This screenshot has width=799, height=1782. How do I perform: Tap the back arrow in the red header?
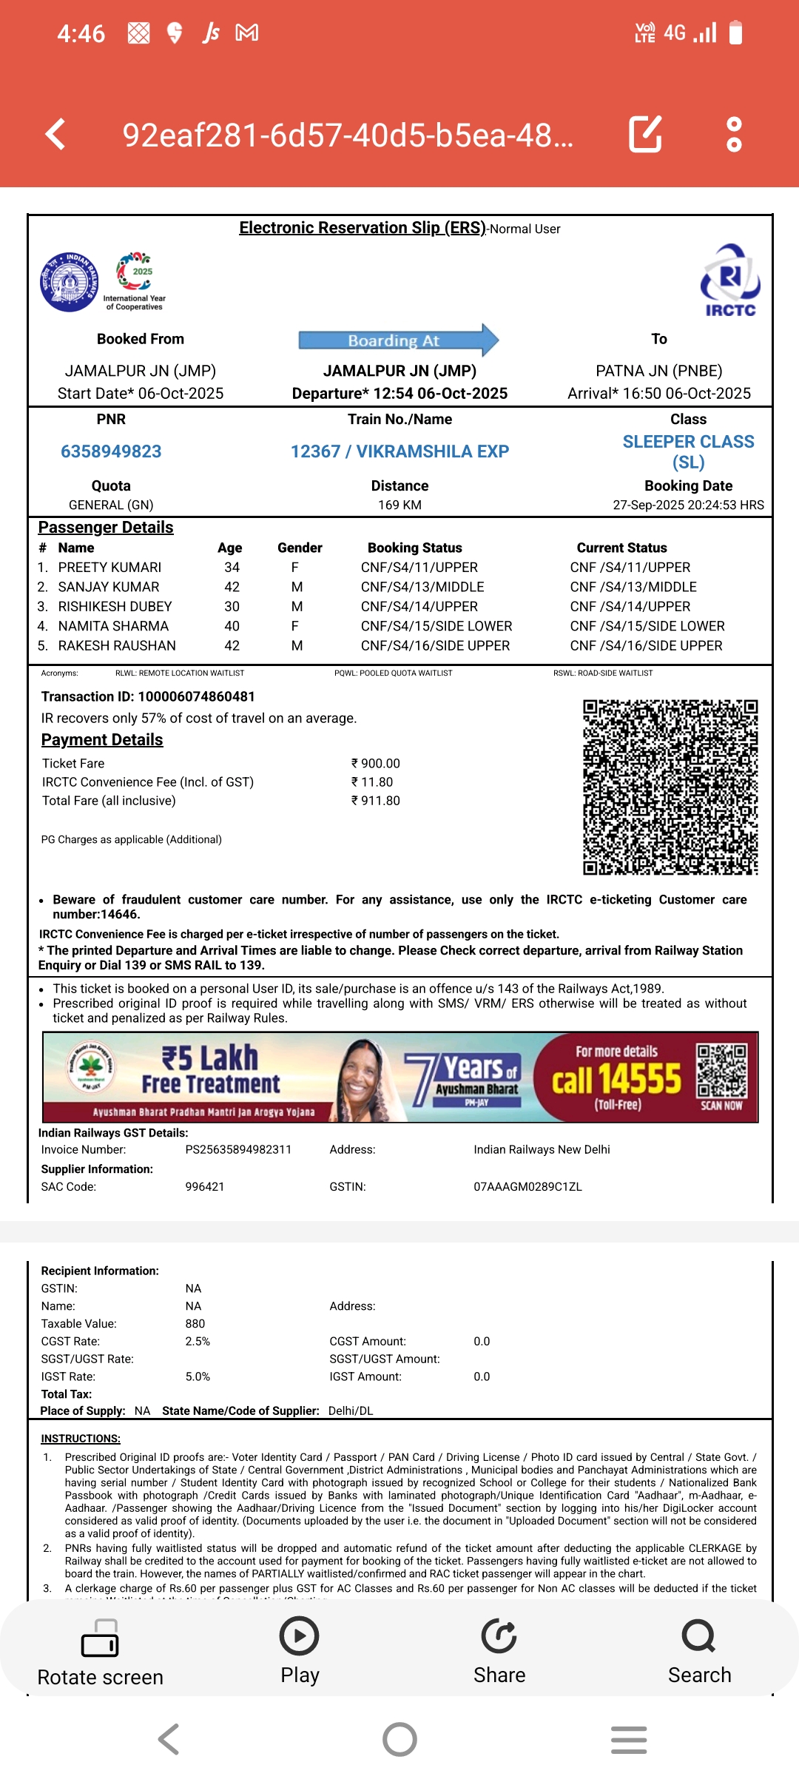[x=56, y=135]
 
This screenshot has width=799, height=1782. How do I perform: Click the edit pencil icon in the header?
[x=644, y=134]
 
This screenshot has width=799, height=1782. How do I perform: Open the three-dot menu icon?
[x=734, y=134]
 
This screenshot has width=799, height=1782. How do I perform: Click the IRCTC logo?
[x=730, y=280]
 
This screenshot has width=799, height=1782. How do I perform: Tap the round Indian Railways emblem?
[x=69, y=282]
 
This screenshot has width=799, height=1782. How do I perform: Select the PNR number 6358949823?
[x=111, y=451]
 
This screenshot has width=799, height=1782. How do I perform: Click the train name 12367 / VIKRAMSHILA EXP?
[x=399, y=451]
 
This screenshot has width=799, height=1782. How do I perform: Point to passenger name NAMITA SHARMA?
[x=113, y=626]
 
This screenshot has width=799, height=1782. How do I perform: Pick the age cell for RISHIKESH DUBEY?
[x=232, y=606]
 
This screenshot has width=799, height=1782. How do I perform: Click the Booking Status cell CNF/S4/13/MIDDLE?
[x=422, y=587]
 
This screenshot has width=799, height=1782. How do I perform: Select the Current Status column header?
[x=621, y=548]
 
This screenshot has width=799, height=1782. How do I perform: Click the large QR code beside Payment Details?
[x=670, y=787]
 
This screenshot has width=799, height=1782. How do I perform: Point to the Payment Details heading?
[x=102, y=740]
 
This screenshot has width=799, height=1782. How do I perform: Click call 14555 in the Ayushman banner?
[x=616, y=1079]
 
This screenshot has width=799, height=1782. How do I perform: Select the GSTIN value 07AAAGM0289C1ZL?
[x=527, y=1186]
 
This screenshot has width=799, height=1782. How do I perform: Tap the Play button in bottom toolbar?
[x=300, y=1636]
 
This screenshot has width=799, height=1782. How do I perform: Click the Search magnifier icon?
[x=698, y=1636]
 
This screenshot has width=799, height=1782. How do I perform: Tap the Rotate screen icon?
[x=100, y=1638]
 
